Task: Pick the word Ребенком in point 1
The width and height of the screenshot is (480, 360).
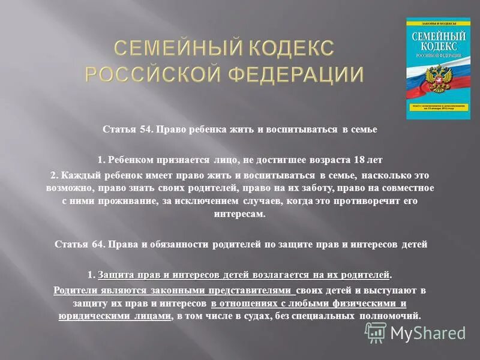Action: tap(128, 160)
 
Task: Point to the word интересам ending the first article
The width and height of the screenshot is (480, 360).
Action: tap(239, 214)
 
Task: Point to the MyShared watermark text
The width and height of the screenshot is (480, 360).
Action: tap(428, 332)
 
